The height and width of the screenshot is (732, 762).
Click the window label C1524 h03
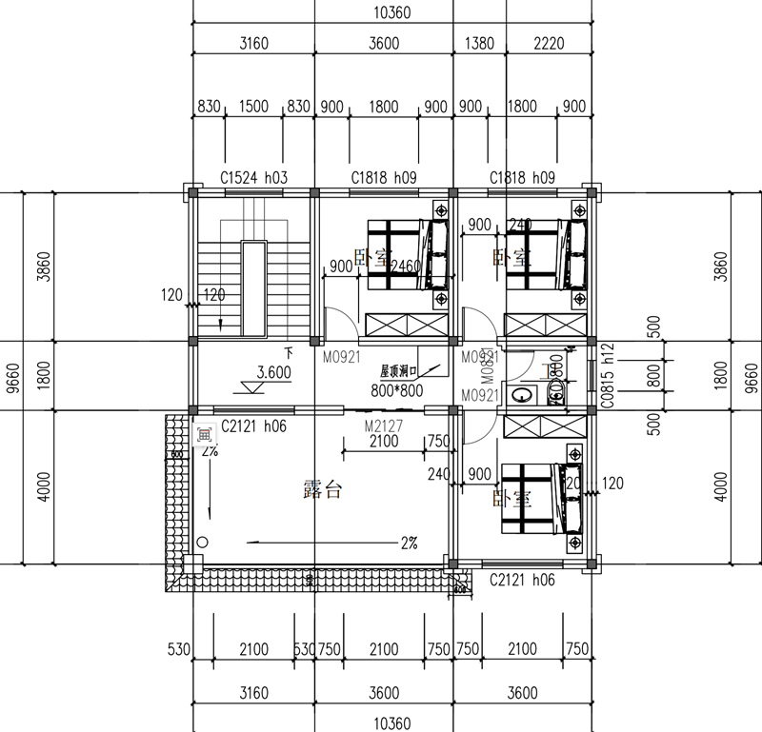pyautogui.click(x=253, y=177)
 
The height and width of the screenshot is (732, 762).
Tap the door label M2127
pyautogui.click(x=382, y=426)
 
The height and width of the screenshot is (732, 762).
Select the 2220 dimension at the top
pyautogui.click(x=549, y=42)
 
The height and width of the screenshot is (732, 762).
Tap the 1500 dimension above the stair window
pyautogui.click(x=253, y=107)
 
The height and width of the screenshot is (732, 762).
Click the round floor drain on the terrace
pyautogui.click(x=202, y=542)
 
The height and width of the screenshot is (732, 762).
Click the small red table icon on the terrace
pyautogui.click(x=203, y=434)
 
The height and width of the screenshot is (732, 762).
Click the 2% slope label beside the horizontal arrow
pyautogui.click(x=409, y=544)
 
